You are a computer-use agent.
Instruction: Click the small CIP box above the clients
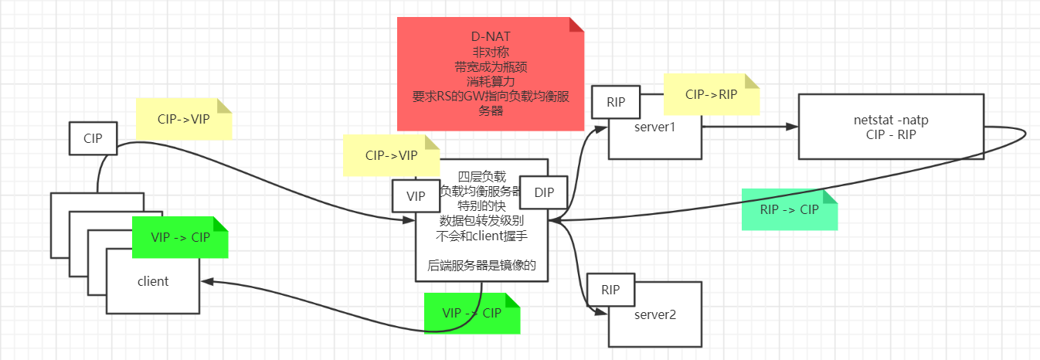coord(93,139)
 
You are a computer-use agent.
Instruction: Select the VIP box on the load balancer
coord(416,196)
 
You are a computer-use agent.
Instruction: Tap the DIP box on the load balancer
coord(542,192)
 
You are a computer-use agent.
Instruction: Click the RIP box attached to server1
coord(615,102)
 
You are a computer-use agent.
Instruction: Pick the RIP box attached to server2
coord(610,290)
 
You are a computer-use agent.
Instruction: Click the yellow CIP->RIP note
coord(711,94)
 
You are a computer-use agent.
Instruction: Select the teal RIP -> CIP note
coord(789,209)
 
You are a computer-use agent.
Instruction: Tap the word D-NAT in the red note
coord(490,37)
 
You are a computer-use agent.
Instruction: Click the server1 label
coord(654,126)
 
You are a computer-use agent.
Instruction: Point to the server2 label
coord(654,314)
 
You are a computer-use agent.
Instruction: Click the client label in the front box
coord(153,281)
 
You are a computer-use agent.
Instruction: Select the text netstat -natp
coord(891,121)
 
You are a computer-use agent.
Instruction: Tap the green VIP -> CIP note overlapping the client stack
coord(180,236)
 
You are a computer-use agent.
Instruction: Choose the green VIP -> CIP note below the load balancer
coord(471,313)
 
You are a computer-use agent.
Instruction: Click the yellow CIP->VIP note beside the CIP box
coord(183,120)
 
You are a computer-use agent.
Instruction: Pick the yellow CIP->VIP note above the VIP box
coord(391,155)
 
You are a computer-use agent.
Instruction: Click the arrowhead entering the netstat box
coord(792,127)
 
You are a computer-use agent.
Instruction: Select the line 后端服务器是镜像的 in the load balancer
coord(481,266)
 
